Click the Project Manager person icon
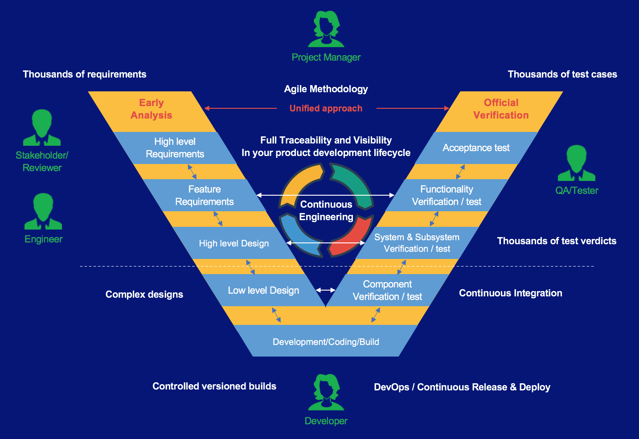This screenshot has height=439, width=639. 326,29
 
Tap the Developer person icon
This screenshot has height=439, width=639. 326,392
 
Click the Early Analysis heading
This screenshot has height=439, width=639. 152,109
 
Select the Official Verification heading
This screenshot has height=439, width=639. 501,109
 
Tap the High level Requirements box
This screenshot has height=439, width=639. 175,148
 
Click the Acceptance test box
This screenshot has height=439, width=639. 476,148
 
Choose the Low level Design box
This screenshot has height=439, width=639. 263,291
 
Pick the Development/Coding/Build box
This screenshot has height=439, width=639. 326,342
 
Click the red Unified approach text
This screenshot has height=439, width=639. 326,108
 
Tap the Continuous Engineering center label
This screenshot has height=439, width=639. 326,211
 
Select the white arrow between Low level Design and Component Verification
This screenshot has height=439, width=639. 326,290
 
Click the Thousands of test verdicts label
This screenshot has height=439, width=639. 557,241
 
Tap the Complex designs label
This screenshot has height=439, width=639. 144,295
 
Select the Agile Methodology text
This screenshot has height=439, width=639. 326,89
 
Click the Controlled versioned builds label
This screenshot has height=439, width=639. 214,386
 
